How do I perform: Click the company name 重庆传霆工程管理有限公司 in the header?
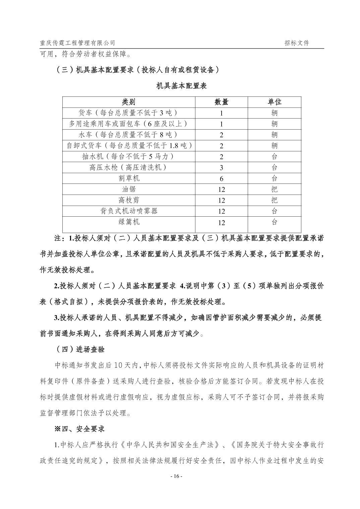[x=77, y=43]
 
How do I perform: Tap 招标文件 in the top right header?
[x=297, y=43]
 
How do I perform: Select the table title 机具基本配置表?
[x=182, y=86]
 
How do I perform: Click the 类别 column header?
[x=129, y=102]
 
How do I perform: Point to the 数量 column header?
[x=221, y=102]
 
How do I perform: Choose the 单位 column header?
[x=275, y=102]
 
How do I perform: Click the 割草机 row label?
[x=129, y=178]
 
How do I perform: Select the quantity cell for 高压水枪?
[x=221, y=167]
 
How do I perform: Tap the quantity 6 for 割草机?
[x=221, y=178]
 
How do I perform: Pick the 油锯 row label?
[x=129, y=189]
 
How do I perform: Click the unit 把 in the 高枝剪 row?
[x=275, y=200]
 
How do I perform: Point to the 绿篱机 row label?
[x=129, y=222]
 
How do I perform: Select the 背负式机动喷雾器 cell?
[x=129, y=211]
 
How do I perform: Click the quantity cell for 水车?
[x=221, y=135]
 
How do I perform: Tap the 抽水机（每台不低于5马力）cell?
[x=129, y=156]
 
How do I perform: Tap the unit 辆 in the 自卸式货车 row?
[x=275, y=146]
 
